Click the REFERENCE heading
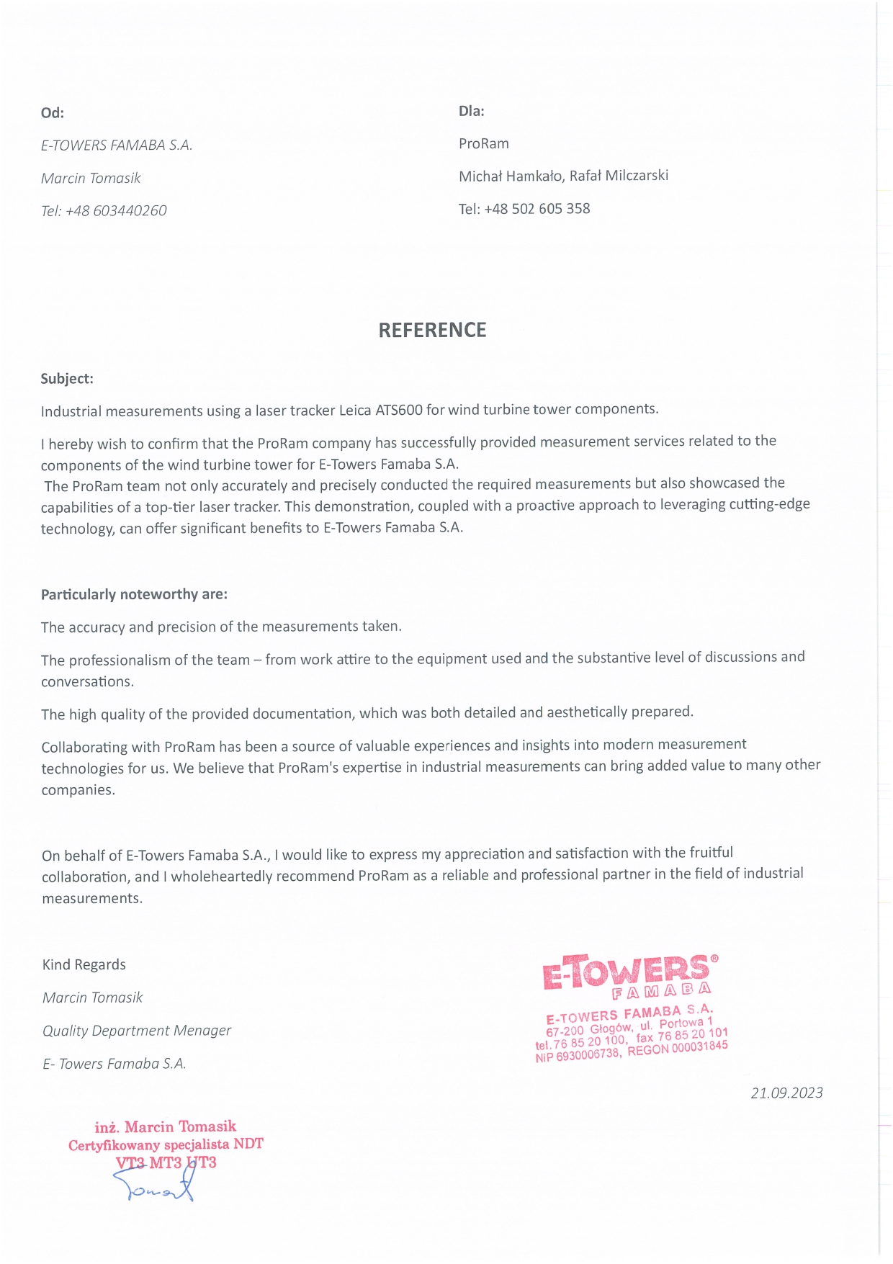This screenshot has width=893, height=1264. [432, 330]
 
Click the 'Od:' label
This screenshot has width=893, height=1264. [52, 113]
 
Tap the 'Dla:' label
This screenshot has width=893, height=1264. [471, 111]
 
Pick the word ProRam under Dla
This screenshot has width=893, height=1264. [483, 143]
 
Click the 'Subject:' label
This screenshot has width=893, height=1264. [67, 379]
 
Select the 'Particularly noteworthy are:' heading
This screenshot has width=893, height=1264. [134, 594]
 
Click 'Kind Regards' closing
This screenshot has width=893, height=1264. [84, 965]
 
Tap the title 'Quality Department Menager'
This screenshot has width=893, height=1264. [137, 1031]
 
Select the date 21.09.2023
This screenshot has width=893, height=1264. [786, 1093]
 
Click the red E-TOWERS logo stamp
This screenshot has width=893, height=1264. [629, 975]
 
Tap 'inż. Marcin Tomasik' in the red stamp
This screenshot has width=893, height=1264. [165, 1126]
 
